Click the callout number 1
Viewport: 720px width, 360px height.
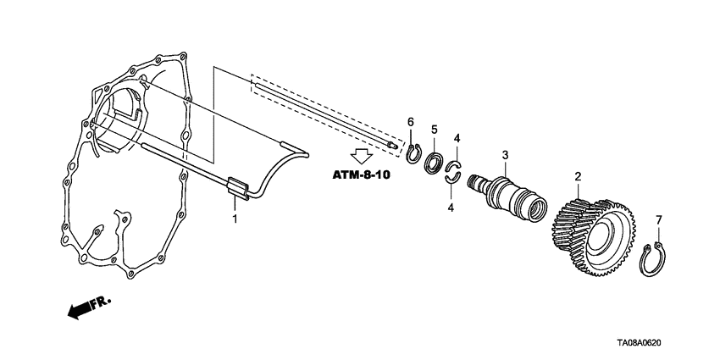click(235, 219)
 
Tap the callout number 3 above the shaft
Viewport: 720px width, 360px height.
click(505, 155)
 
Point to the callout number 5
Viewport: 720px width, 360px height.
click(435, 130)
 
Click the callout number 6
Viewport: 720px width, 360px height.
click(410, 124)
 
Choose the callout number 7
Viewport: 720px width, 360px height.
click(658, 220)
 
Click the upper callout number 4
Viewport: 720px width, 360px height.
click(457, 137)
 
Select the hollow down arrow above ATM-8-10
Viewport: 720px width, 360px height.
click(363, 156)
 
